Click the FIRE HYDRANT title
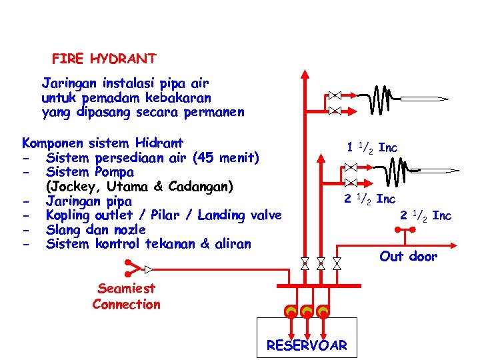(x=104, y=59)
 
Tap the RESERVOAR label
(x=307, y=345)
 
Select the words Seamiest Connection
(x=127, y=296)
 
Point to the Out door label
(x=408, y=257)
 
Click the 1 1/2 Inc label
(x=371, y=147)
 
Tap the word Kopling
(x=68, y=215)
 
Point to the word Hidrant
(x=159, y=143)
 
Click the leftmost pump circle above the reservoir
(x=290, y=311)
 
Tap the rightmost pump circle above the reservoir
(x=323, y=311)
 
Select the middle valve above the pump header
(x=321, y=263)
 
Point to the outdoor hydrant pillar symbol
(x=404, y=231)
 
